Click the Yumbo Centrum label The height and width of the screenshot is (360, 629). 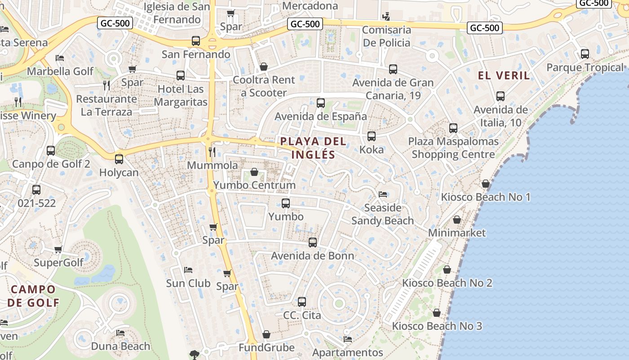pyautogui.click(x=254, y=185)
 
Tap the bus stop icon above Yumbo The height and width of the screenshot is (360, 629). pyautogui.click(x=286, y=203)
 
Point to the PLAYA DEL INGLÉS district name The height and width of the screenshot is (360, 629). pyautogui.click(x=313, y=148)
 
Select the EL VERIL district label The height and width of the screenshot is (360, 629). pyautogui.click(x=504, y=75)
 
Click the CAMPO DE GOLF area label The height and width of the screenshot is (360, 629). pyautogui.click(x=33, y=296)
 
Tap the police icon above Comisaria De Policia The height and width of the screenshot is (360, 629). pyautogui.click(x=386, y=17)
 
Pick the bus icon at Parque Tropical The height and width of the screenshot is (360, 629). pyautogui.click(x=585, y=54)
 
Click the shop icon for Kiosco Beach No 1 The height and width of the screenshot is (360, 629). pyautogui.click(x=485, y=184)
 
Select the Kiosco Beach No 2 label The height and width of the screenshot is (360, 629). pyautogui.click(x=447, y=283)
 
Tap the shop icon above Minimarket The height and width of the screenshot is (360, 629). pyautogui.click(x=457, y=220)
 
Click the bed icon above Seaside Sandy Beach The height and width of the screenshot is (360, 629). pyautogui.click(x=383, y=194)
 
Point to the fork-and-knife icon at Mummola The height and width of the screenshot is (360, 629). pyautogui.click(x=213, y=152)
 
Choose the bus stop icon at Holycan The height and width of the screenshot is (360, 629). pyautogui.click(x=119, y=159)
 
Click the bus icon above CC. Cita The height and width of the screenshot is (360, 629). pyautogui.click(x=302, y=302)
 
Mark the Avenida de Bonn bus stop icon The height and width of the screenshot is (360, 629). pyautogui.click(x=313, y=243)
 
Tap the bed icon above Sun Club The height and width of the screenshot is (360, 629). pyautogui.click(x=188, y=270)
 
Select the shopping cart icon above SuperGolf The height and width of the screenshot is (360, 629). pyautogui.click(x=58, y=249)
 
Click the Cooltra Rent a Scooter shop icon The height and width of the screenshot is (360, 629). pyautogui.click(x=264, y=67)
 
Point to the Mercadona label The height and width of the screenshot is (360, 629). pyautogui.click(x=310, y=6)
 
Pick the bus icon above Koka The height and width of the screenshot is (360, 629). pyautogui.click(x=372, y=136)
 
